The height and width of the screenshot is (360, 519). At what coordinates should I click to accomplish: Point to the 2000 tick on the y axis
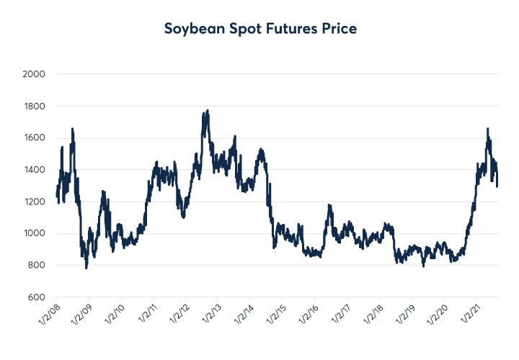coord(34,74)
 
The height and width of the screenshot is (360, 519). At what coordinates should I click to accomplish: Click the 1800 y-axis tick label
coord(34,107)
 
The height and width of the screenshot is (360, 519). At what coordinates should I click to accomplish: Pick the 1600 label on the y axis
coord(34,138)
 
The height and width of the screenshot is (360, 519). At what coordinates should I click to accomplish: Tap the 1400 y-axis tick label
coord(34,170)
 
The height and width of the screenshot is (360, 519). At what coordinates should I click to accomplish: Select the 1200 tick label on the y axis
coord(34,202)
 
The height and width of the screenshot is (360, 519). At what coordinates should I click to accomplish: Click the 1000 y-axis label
coord(34,234)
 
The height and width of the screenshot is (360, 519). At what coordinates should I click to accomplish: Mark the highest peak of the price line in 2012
coord(208,111)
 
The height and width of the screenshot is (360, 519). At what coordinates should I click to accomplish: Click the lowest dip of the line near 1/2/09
coord(86,267)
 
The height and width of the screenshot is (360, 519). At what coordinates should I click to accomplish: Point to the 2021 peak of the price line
coord(488,129)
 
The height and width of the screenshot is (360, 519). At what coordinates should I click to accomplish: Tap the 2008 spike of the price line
coord(72,129)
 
